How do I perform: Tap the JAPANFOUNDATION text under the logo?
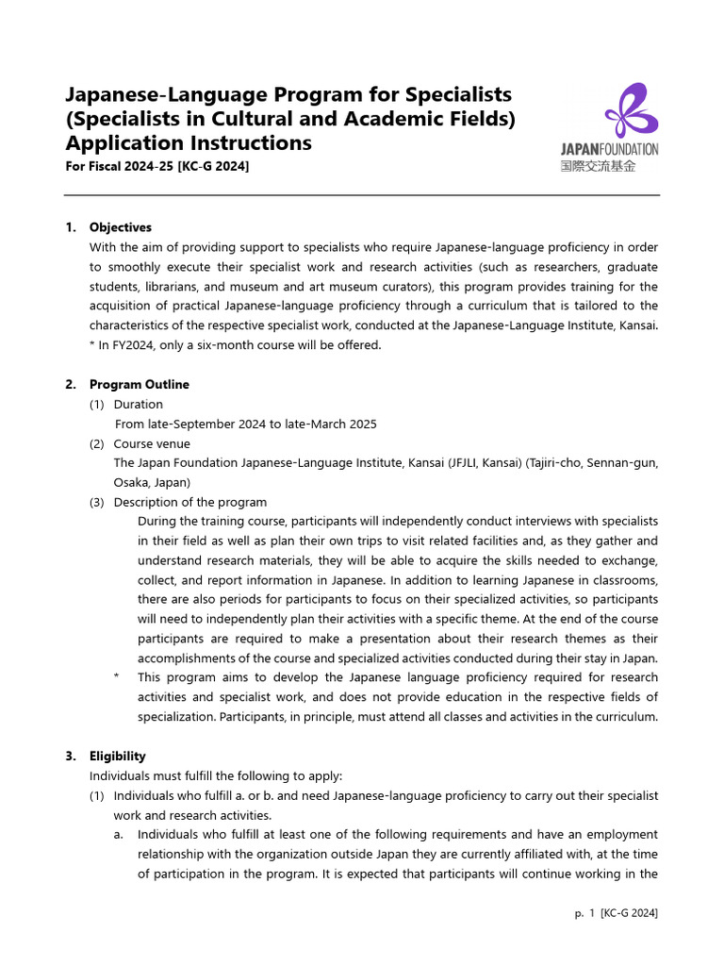(609, 149)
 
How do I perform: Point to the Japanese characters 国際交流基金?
(598, 165)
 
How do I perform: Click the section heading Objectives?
(120, 227)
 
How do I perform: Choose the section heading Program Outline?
(139, 384)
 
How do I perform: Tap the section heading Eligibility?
(117, 756)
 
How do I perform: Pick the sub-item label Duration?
(138, 404)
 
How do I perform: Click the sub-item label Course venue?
(151, 443)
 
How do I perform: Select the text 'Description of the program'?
(189, 502)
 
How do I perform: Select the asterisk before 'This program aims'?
(116, 677)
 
